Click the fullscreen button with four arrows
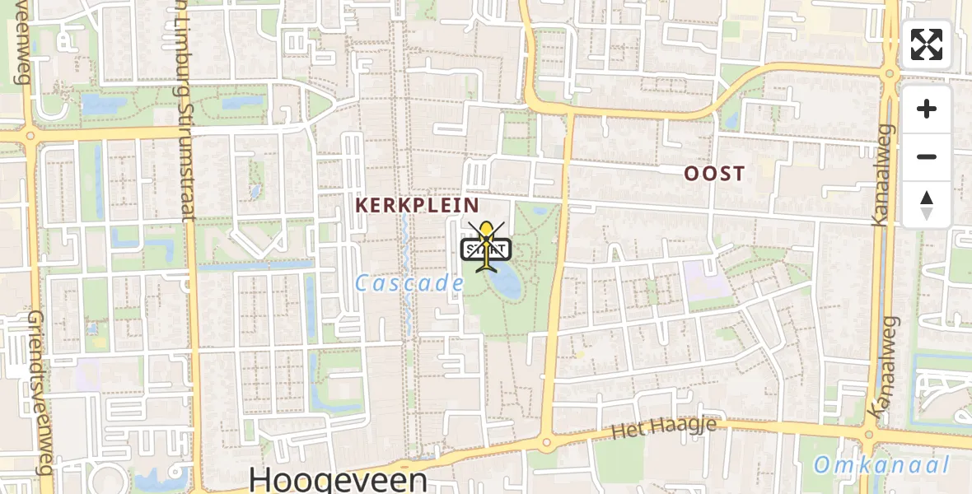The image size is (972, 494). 927,44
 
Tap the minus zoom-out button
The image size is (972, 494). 927,156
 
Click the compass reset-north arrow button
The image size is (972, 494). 927,205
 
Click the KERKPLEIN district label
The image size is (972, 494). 417,205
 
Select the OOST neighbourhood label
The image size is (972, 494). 714,174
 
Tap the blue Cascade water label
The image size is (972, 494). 410,284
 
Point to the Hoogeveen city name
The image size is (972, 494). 338,479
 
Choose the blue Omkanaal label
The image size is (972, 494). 881,465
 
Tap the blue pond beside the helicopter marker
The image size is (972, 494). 504,281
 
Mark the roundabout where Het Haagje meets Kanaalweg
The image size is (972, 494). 868,436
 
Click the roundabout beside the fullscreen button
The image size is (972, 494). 890,74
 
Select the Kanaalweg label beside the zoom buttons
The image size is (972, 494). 882,175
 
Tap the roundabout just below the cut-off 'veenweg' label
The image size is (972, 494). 30,135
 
